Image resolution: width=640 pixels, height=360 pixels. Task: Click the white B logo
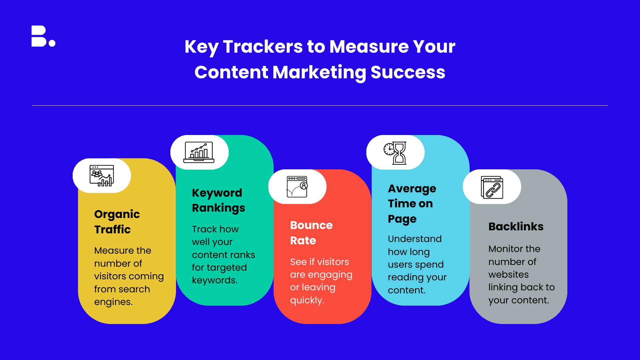pos(39,36)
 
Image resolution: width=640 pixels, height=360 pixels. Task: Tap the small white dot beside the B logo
pos(52,43)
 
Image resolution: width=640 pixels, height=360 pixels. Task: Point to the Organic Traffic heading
pos(117,222)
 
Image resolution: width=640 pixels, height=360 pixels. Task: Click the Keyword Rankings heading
pos(218,200)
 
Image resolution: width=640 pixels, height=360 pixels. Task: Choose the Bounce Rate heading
pos(311,233)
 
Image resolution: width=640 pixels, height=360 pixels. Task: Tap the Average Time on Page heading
pos(412,204)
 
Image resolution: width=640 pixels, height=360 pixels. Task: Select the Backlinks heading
pos(516,227)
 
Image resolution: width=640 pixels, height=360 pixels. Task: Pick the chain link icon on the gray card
pos(492,187)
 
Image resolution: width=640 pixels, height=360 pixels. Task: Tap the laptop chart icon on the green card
pos(199,152)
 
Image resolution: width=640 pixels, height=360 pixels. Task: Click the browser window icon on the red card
pos(297,187)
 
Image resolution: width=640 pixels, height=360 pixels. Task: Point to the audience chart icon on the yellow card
pos(102,176)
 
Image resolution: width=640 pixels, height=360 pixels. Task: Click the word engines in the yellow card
pos(113,302)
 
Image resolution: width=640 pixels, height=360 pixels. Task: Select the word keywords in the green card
pos(215,280)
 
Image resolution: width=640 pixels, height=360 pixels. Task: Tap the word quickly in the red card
pos(307,300)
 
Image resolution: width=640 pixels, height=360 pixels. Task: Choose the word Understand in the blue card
pos(415,239)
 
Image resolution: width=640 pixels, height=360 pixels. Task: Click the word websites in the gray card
pos(509,275)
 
